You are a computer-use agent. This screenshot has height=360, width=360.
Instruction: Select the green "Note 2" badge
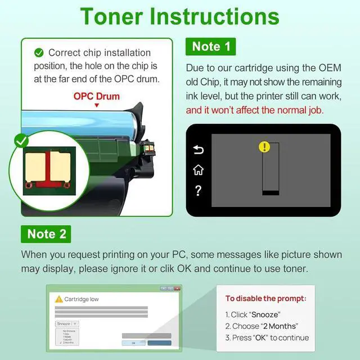46,233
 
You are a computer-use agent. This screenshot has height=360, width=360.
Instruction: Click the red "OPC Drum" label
97,96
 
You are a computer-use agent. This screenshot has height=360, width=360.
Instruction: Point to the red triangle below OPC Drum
97,105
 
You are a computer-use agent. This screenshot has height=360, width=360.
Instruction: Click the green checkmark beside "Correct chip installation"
39,53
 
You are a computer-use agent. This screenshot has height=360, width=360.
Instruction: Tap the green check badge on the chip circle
21,141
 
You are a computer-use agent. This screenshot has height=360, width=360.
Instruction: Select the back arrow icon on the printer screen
199,150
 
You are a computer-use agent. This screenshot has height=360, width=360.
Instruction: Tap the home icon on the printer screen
199,170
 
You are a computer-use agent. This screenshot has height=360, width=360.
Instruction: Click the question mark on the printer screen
199,191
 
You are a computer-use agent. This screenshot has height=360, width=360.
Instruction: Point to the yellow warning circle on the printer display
264,147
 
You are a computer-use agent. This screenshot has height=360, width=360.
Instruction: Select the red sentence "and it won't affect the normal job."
255,110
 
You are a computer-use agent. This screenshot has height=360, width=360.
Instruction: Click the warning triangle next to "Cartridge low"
58,299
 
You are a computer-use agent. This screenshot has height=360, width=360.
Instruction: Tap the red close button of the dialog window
177,289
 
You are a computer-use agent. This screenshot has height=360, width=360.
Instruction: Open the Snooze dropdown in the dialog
67,324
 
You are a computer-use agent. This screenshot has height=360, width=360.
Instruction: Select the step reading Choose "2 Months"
262,326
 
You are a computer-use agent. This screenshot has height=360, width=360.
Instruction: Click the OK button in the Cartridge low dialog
133,343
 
